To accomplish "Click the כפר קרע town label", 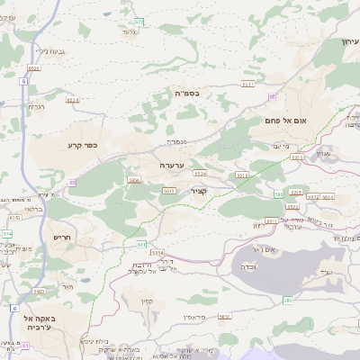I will click(x=81, y=144).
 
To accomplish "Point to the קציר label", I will click(x=199, y=190).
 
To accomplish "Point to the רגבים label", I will click(x=37, y=107).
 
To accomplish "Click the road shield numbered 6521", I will click(x=34, y=67).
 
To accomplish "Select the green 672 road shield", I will click(x=139, y=21).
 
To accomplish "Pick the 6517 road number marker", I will click(x=249, y=84).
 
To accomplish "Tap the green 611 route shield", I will click(x=141, y=244).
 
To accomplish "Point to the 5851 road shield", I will click(x=225, y=317).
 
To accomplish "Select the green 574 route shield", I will click(x=7, y=234).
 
